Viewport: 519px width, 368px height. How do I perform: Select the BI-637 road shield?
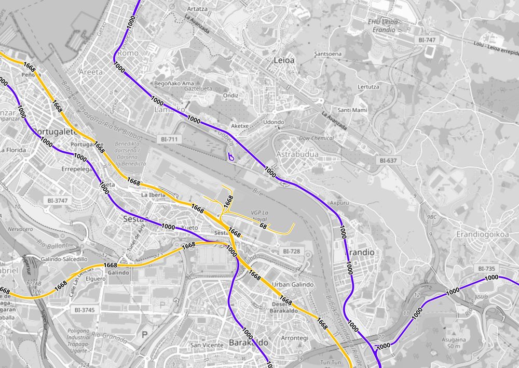tap(388, 161)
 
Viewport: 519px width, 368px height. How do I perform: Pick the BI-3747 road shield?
tap(58, 200)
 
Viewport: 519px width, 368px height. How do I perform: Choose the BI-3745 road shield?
tap(85, 310)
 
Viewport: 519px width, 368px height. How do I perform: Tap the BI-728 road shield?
tap(291, 251)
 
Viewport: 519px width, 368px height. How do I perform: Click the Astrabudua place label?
tap(297, 154)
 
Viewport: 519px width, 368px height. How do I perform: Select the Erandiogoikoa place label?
tap(482, 234)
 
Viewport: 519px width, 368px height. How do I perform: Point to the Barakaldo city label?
tap(249, 343)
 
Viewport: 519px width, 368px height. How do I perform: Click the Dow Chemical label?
tap(316, 138)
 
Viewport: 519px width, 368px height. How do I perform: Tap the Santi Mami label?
tap(352, 110)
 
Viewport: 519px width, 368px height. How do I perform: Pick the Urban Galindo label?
tap(293, 284)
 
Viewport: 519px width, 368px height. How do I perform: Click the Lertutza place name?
tap(368, 87)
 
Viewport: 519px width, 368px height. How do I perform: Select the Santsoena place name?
tap(328, 54)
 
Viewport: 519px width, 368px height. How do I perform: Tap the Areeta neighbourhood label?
tap(91, 72)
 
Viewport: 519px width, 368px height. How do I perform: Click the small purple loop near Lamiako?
tap(231, 155)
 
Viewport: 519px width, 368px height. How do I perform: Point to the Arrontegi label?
tap(294, 338)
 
